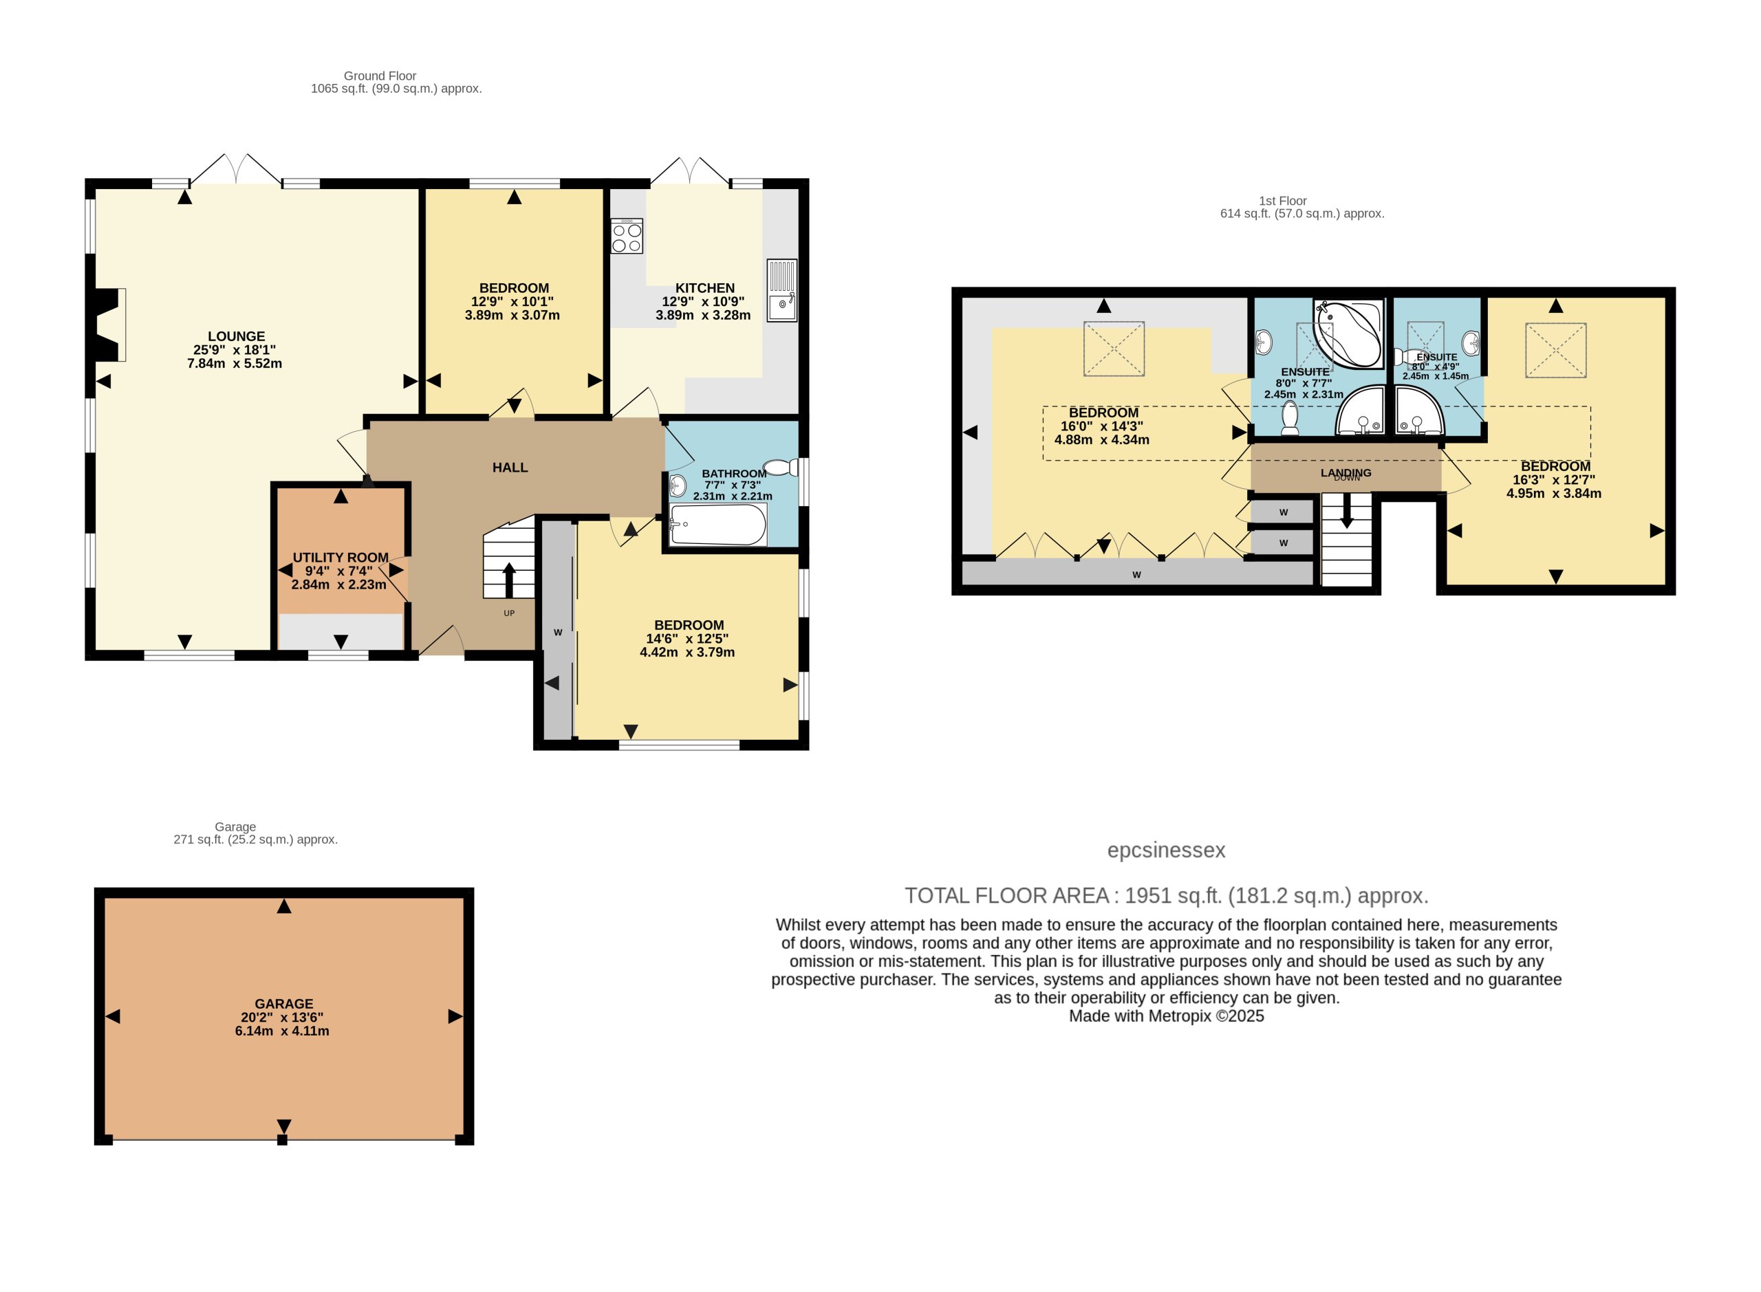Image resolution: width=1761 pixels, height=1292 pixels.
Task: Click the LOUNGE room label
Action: (x=236, y=336)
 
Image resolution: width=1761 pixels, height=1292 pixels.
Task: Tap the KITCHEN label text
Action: (x=704, y=288)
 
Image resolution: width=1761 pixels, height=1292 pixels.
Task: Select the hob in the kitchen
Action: (x=627, y=236)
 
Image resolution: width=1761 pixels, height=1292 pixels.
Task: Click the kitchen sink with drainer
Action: (x=781, y=290)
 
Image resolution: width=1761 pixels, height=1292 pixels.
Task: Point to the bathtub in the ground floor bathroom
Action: (x=717, y=524)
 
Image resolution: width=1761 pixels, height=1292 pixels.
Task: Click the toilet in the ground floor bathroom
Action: (x=779, y=468)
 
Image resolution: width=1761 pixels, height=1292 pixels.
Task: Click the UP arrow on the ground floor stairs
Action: (x=508, y=580)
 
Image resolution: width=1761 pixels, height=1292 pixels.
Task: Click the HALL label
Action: (x=510, y=468)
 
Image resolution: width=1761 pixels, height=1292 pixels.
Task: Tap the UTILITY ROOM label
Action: (x=341, y=558)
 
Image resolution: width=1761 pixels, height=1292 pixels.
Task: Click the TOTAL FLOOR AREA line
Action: (x=1167, y=895)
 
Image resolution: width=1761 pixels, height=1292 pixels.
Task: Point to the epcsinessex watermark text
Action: (x=1166, y=850)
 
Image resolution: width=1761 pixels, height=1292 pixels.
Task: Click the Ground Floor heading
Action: (x=380, y=76)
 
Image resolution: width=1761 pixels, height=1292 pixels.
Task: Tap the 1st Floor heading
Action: (x=1283, y=201)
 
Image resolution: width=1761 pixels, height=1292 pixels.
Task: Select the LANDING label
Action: (x=1346, y=472)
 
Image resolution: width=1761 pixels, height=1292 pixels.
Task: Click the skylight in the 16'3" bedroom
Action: (x=1556, y=351)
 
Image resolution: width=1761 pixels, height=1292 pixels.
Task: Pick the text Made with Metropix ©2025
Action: (x=1167, y=1016)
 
